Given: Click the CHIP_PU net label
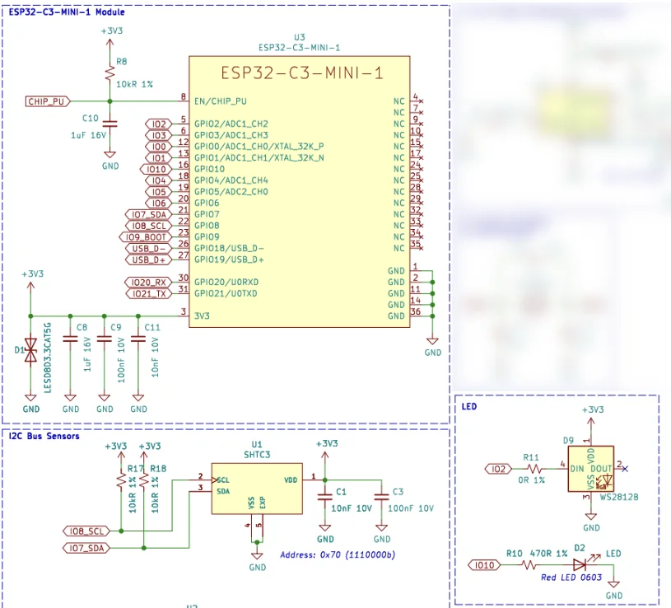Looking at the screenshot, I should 46,101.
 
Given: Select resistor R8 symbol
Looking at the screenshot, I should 110,72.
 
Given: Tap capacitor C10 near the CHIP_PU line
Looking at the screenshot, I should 110,124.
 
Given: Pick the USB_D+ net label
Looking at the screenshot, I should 149,260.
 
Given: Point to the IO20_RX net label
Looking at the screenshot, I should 148,283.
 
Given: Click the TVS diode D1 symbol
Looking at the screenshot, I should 30,351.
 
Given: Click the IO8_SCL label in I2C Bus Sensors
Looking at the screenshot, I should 86,531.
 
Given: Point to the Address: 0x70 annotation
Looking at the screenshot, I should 338,555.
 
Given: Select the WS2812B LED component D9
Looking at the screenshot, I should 590,470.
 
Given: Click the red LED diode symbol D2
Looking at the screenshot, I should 580,565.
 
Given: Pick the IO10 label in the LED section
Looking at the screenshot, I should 484,565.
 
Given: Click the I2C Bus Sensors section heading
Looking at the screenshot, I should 44,436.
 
